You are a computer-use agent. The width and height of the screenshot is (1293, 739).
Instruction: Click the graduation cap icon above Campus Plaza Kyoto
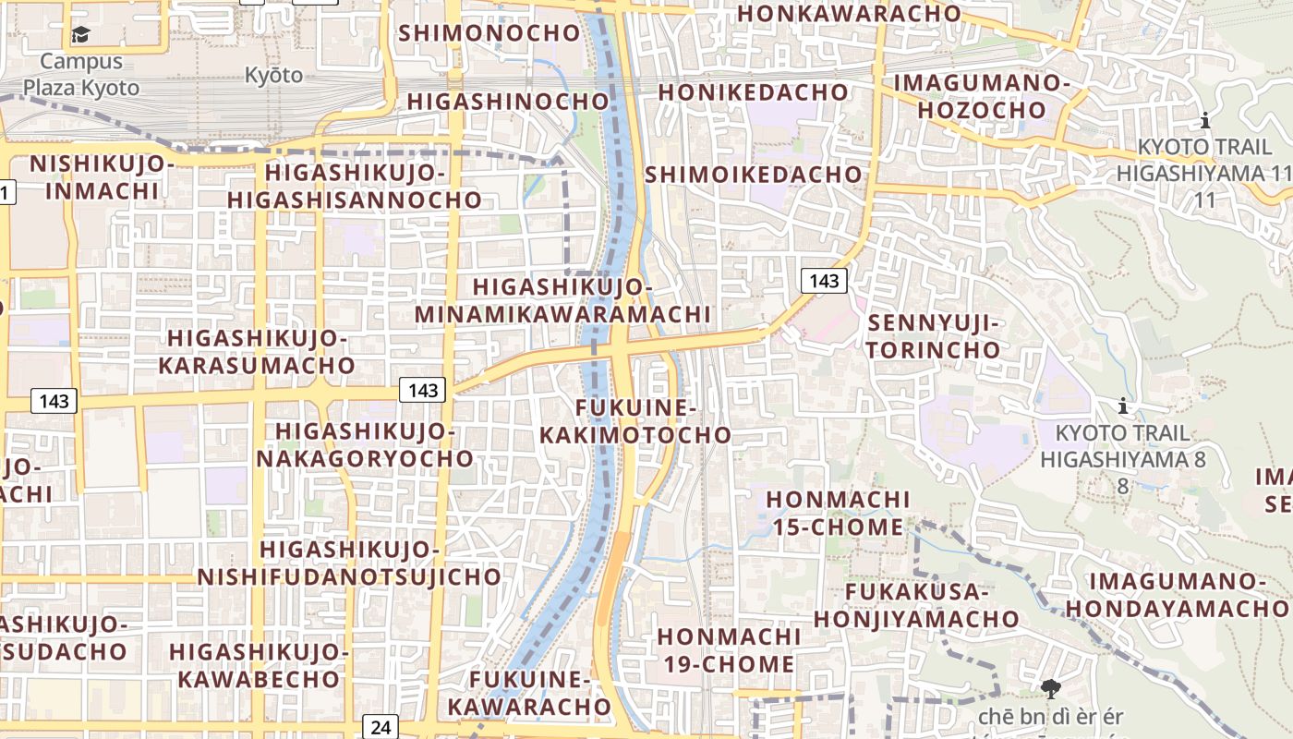point(81,35)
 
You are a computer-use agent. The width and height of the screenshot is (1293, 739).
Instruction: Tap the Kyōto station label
point(273,75)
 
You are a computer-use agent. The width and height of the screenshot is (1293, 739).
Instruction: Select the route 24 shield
point(381,727)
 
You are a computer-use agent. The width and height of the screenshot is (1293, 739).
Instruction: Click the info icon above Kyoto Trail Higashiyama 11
point(1204,120)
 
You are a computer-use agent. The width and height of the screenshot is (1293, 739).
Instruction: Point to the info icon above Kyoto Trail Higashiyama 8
point(1123,406)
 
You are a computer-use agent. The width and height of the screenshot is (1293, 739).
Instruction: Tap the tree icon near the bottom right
point(1050,688)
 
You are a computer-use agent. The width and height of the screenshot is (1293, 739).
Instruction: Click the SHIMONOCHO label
point(489,33)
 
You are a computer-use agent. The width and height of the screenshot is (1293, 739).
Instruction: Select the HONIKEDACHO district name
point(753,92)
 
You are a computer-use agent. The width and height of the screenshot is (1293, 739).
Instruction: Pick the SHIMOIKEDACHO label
point(753,175)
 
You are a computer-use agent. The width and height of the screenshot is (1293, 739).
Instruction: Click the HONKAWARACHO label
point(850,14)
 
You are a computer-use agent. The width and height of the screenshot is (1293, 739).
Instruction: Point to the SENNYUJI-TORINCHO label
point(934,337)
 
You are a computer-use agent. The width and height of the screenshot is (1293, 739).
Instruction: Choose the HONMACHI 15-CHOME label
point(838,514)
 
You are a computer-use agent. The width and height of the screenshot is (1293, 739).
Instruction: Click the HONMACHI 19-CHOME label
point(729,650)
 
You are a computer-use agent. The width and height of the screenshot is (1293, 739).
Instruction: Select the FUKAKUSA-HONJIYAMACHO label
point(917,606)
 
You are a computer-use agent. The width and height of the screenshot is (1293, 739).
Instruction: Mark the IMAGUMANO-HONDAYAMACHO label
point(1178,595)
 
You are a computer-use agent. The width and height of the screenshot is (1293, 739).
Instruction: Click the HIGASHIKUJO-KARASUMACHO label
point(257,352)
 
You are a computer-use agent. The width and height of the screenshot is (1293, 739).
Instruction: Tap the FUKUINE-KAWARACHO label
point(529,694)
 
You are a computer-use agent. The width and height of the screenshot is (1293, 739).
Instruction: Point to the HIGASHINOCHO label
point(508,102)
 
